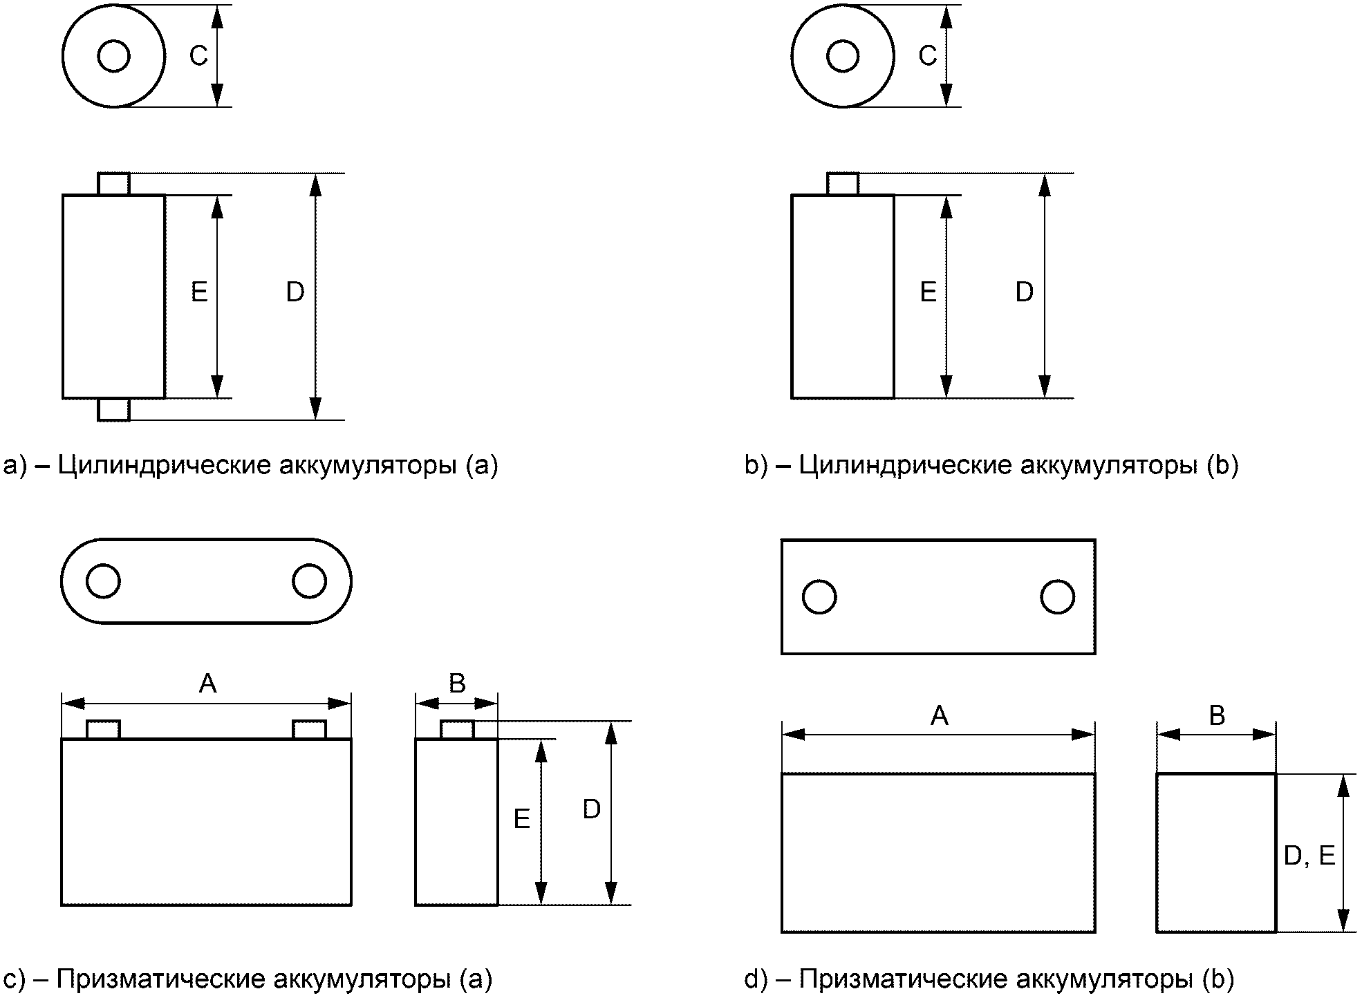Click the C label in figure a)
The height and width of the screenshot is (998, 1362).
click(198, 56)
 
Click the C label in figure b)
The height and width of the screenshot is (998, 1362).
click(928, 56)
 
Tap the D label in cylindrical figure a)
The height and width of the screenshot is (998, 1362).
click(295, 293)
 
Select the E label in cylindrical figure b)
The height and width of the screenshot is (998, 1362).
click(928, 293)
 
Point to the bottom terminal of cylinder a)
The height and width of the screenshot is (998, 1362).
click(113, 409)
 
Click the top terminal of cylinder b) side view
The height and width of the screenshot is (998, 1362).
click(843, 184)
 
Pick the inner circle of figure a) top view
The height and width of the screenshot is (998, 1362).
click(114, 56)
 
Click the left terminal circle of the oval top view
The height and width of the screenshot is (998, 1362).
click(103, 581)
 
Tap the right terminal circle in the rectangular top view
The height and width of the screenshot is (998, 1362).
click(1057, 597)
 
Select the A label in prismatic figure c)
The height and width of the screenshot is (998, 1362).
click(207, 684)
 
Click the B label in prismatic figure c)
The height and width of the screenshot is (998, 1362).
click(457, 684)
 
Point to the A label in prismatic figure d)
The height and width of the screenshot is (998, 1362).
click(939, 716)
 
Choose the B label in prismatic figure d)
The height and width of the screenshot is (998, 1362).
click(1217, 716)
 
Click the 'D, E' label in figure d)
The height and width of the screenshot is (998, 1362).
click(1309, 856)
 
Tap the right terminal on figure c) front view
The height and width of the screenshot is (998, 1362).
click(309, 730)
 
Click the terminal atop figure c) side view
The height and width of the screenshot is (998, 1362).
click(457, 730)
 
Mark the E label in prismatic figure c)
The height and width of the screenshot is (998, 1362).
click(522, 820)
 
